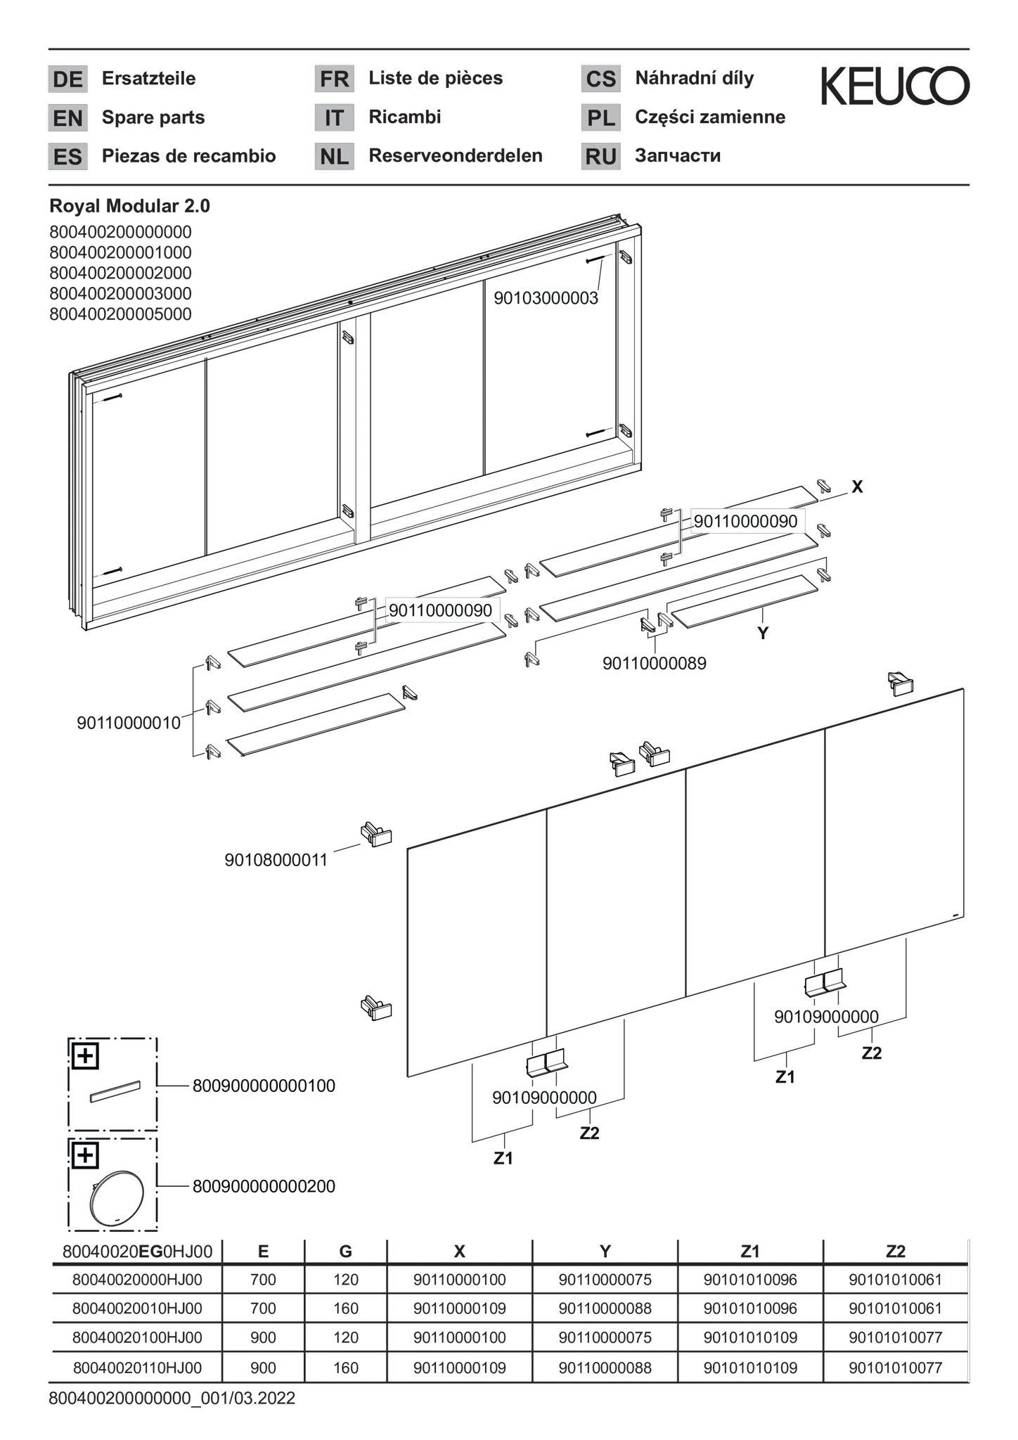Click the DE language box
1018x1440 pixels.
(67, 79)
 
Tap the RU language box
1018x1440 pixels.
(601, 156)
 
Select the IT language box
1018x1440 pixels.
(334, 117)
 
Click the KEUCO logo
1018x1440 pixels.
(895, 86)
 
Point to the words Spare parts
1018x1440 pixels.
(153, 117)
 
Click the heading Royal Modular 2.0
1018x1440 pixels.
(129, 206)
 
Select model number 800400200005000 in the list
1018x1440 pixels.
(120, 314)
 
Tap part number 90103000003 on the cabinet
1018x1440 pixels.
(546, 298)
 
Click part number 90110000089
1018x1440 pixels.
(654, 663)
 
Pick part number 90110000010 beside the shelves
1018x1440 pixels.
(129, 723)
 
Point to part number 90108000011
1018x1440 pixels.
(276, 860)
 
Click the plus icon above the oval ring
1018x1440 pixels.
(85, 1155)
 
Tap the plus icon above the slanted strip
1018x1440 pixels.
(85, 1055)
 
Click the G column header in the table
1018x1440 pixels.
(345, 1252)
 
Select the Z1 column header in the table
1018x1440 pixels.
(750, 1252)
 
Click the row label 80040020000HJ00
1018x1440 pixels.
(137, 1280)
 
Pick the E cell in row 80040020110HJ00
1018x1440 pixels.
(263, 1368)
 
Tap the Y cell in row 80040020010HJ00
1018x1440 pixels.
(605, 1309)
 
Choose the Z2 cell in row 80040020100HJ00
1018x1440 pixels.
(895, 1337)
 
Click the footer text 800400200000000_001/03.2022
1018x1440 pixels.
(172, 1399)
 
